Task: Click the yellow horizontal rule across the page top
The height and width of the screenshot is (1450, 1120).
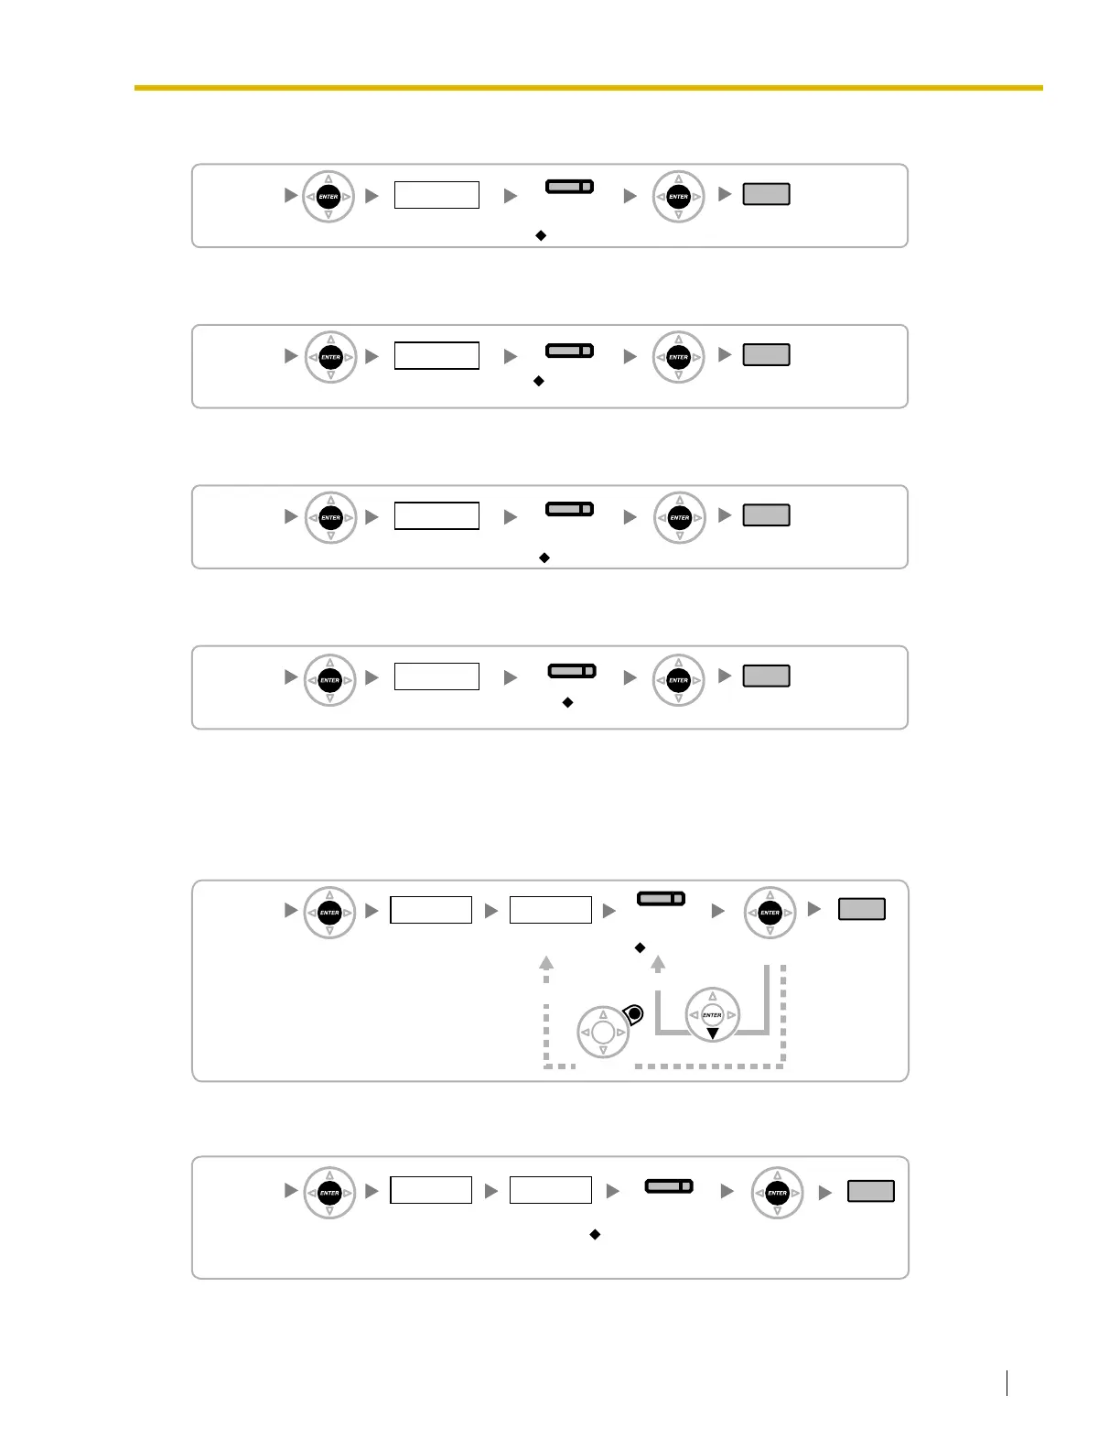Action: click(587, 88)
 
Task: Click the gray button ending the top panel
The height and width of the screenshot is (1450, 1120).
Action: click(766, 194)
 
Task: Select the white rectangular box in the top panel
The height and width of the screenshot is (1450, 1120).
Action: click(436, 195)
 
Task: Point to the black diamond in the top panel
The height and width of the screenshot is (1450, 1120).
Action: click(541, 235)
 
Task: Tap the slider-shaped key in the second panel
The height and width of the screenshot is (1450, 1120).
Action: click(569, 351)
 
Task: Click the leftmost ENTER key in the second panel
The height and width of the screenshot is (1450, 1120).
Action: click(330, 357)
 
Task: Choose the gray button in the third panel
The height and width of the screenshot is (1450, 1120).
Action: click(766, 515)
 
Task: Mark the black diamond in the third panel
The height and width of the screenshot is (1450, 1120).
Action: click(544, 557)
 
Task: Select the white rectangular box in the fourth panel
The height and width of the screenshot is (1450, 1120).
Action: click(436, 676)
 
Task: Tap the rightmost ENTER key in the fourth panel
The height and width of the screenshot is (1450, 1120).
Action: click(678, 680)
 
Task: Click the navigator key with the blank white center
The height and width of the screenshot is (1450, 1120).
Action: click(603, 1033)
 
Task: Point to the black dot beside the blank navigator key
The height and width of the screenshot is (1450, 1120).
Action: click(634, 1013)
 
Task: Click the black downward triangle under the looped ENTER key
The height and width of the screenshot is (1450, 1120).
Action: click(712, 1033)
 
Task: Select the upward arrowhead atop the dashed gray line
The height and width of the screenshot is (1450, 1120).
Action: click(546, 962)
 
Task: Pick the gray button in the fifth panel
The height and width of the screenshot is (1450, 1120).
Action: click(862, 909)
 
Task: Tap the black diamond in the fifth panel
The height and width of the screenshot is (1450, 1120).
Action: click(641, 947)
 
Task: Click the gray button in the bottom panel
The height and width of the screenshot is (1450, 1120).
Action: click(871, 1191)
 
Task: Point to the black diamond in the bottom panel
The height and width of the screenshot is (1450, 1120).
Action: click(595, 1235)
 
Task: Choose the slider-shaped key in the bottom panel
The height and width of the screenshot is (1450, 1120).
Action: click(669, 1186)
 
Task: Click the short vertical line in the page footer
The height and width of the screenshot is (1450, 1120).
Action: click(1007, 1382)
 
